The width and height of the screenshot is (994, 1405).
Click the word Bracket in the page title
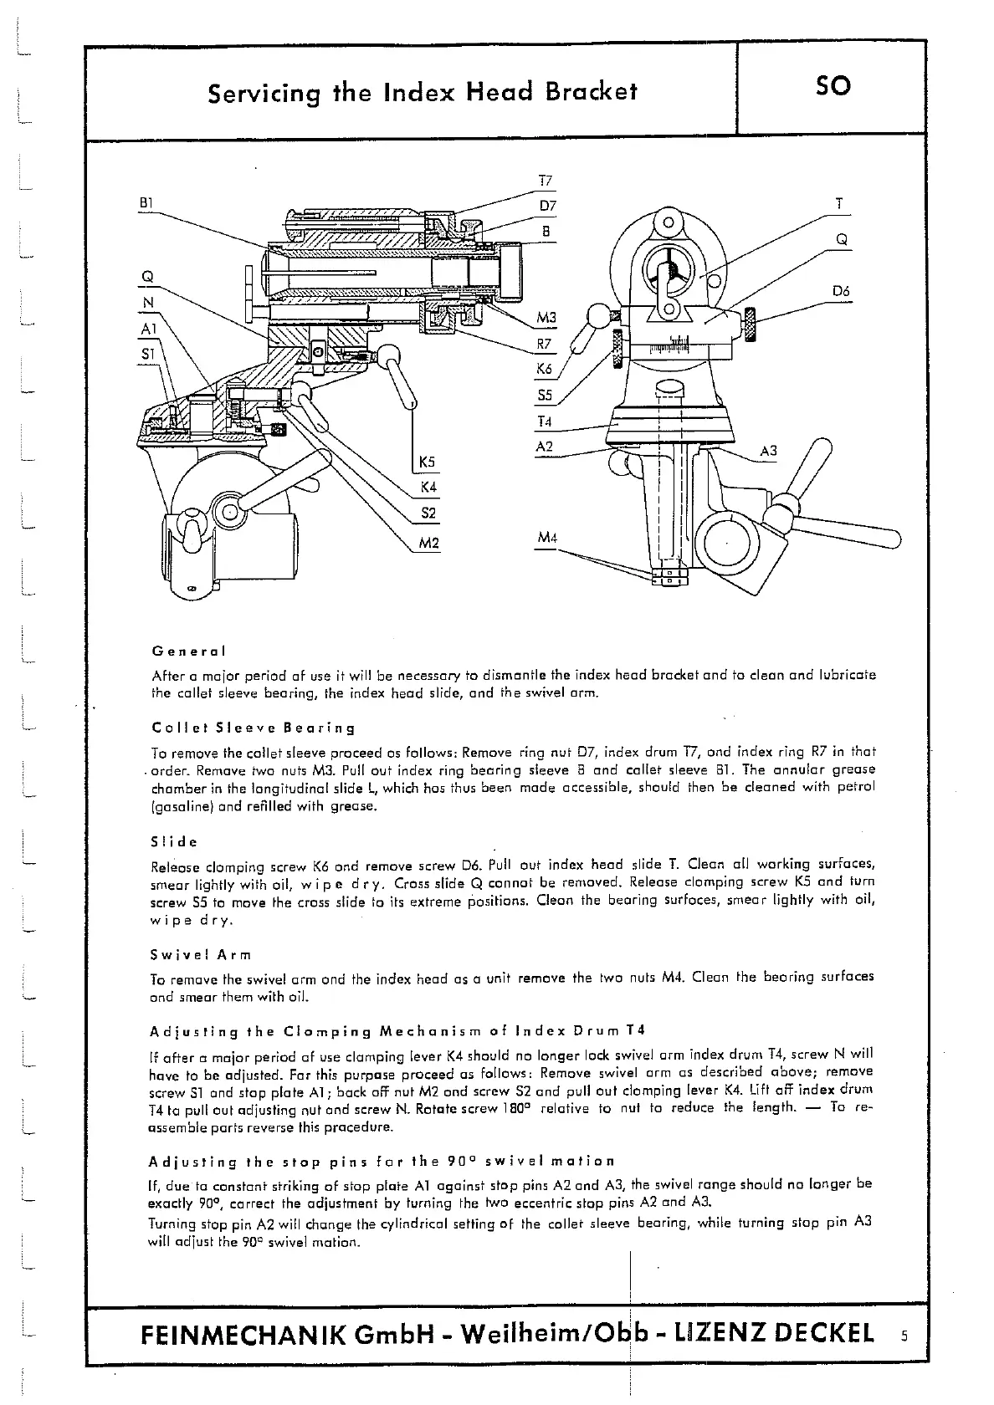click(587, 91)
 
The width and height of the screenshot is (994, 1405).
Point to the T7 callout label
click(545, 181)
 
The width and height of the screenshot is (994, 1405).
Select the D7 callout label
click(547, 206)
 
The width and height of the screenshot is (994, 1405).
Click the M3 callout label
click(546, 318)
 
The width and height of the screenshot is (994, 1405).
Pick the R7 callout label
click(545, 344)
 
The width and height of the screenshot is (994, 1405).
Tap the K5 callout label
click(428, 462)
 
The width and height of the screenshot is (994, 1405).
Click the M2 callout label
click(428, 544)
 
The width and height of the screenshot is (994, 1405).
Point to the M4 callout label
click(546, 537)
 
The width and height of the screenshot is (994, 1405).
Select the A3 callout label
click(768, 452)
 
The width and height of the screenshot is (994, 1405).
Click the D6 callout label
click(841, 291)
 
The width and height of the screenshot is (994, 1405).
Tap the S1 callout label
click(148, 354)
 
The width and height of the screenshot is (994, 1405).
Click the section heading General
click(189, 651)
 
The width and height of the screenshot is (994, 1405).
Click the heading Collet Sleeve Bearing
click(254, 728)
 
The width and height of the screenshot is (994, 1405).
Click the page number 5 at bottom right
click(904, 1336)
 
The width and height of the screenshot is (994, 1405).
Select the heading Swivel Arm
click(201, 954)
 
